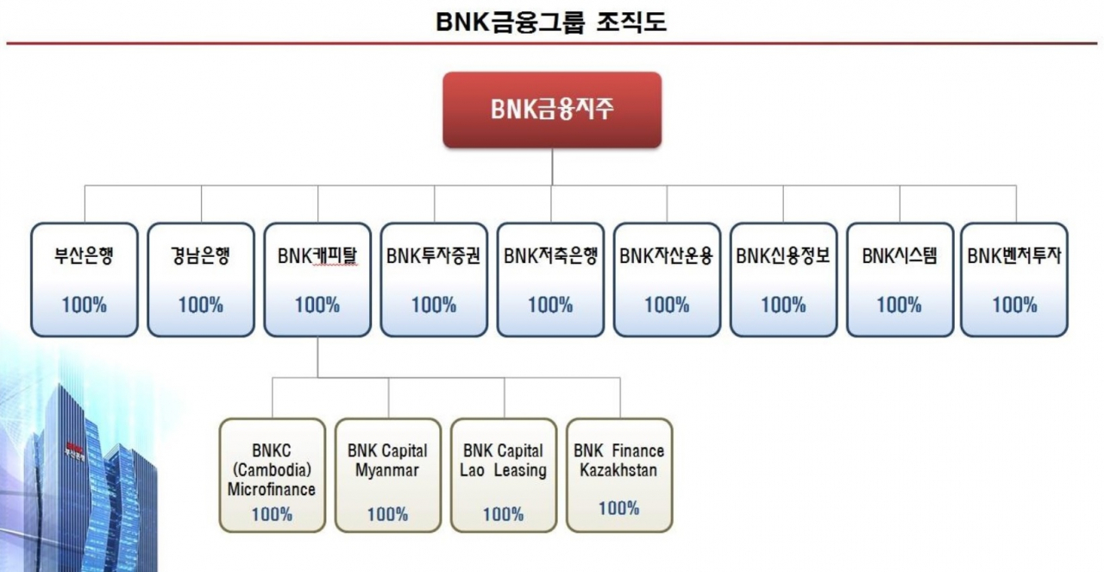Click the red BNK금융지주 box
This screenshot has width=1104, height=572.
pyautogui.click(x=552, y=110)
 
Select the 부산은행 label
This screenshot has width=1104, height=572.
pyautogui.click(x=84, y=256)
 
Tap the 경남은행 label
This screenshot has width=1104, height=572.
pyautogui.click(x=200, y=256)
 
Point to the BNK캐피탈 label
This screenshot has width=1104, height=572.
pyautogui.click(x=317, y=256)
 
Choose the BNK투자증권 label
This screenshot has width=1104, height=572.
pyautogui.click(x=434, y=256)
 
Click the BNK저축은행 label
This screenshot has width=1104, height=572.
pyautogui.click(x=550, y=256)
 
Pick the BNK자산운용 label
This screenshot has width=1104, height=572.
pyautogui.click(x=667, y=256)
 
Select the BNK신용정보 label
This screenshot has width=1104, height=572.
pyautogui.click(x=783, y=256)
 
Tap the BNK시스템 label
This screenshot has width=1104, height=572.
pyautogui.click(x=900, y=256)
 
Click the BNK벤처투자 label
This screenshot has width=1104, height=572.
pyautogui.click(x=1014, y=256)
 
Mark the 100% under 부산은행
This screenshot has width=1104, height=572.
pyautogui.click(x=84, y=305)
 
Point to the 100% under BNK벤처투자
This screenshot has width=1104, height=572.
pyautogui.click(x=1014, y=305)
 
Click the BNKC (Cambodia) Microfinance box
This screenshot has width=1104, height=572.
pyautogui.click(x=272, y=475)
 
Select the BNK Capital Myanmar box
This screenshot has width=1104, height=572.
pyautogui.click(x=387, y=475)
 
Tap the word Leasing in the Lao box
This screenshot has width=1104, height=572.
pyautogui.click(x=520, y=471)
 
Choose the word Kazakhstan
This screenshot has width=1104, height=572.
pyautogui.click(x=618, y=471)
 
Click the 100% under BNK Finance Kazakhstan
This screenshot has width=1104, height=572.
pyautogui.click(x=618, y=508)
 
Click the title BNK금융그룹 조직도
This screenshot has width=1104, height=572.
pyautogui.click(x=552, y=22)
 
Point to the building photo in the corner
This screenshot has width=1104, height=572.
pyautogui.click(x=86, y=483)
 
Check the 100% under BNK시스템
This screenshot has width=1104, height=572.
pyautogui.click(x=900, y=305)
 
